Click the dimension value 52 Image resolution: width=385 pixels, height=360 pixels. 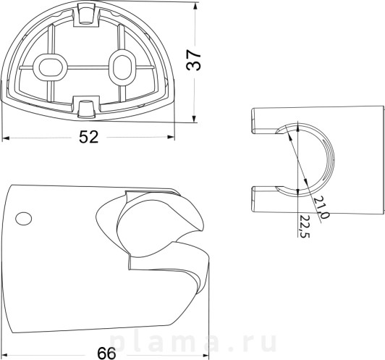coord(88,137)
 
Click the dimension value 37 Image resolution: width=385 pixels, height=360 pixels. coord(193,59)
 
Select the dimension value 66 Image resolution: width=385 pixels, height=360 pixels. coord(106,353)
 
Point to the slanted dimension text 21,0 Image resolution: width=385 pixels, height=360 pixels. coord(321,207)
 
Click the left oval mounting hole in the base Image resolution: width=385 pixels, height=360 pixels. coord(49,67)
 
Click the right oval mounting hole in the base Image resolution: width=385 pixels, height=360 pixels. coord(122,67)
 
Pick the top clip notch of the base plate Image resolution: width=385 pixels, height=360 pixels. coord(86,14)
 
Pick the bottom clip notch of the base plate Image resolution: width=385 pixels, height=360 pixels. coord(86,107)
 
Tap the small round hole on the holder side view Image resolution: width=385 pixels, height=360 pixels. coord(23,218)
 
